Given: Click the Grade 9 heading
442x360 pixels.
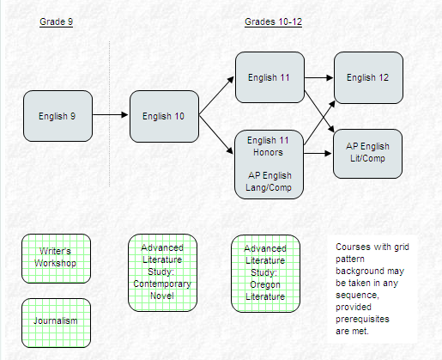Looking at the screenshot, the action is point(57,21).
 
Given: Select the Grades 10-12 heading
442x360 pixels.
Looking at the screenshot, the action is point(273,21).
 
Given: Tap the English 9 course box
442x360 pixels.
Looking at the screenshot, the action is point(58,116).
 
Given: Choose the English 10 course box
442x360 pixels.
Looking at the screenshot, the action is point(164,116).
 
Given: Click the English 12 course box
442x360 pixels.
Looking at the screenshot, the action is point(368,77).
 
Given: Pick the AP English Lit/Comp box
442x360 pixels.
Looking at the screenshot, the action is point(367,154).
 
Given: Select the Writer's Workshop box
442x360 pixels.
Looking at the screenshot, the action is point(56,259).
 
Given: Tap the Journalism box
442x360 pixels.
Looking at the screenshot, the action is point(56,323).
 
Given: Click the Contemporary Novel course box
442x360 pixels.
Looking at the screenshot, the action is point(162,272).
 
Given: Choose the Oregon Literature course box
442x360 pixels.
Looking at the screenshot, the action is point(265,273).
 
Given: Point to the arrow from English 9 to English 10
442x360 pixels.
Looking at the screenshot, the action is point(111,115).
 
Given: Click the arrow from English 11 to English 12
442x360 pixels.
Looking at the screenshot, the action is point(319,77).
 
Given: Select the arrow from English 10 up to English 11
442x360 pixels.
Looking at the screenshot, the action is point(216,95).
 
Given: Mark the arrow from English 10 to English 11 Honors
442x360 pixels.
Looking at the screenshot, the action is point(216,135).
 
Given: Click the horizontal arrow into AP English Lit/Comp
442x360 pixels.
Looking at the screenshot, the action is point(318,154).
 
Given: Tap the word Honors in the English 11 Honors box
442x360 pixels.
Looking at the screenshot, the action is point(268,152).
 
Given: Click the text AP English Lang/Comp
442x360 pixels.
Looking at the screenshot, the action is point(269,181).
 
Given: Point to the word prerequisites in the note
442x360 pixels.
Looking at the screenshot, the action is point(362,319).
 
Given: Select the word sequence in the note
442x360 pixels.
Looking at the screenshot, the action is point(357,296).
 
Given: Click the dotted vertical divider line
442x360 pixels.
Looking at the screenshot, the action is point(110,113).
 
